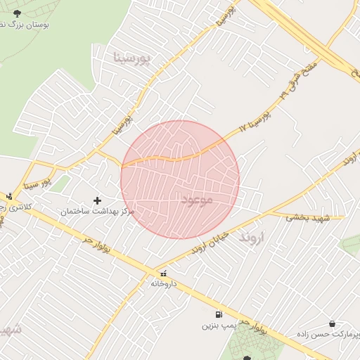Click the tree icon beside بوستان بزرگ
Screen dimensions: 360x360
pyautogui.click(x=17, y=13)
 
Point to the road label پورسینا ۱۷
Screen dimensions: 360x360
pyautogui.click(x=255, y=120)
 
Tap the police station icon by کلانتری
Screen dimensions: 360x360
pyautogui.click(x=9, y=196)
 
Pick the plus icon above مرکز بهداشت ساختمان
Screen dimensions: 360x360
pyautogui.click(x=97, y=201)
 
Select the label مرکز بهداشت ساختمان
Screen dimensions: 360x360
pyautogui.click(x=98, y=212)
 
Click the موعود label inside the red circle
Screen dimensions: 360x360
pyautogui.click(x=197, y=200)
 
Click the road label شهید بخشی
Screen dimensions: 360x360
pyautogui.click(x=308, y=219)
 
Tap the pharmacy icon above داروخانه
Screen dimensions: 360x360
pyautogui.click(x=163, y=274)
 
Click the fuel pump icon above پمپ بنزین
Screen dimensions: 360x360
pyautogui.click(x=218, y=314)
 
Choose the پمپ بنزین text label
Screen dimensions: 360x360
pyautogui.click(x=217, y=326)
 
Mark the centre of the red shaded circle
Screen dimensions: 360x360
pyautogui.click(x=180, y=180)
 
